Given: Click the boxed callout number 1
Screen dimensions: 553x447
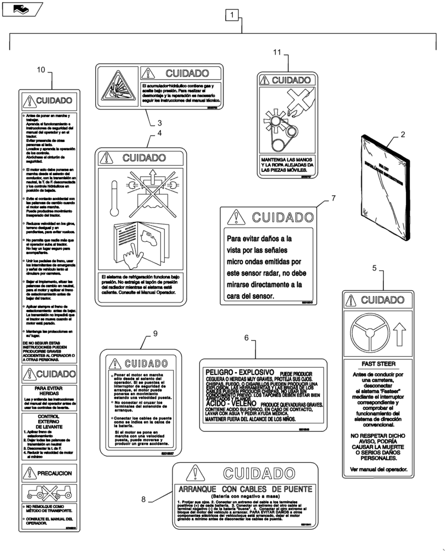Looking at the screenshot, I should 232,15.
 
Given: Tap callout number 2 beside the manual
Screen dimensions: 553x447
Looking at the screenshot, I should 403,134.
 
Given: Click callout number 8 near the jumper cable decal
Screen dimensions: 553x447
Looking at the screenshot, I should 143,499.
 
